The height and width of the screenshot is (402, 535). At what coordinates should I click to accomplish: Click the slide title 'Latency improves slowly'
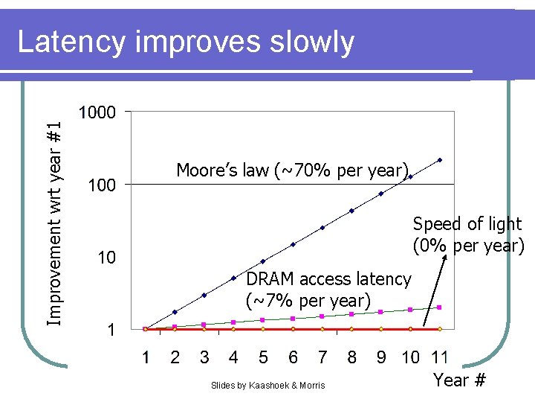point(186,42)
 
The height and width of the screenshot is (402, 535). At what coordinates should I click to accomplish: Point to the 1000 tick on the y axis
point(97,112)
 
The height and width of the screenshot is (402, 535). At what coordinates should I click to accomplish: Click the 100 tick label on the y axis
point(102,185)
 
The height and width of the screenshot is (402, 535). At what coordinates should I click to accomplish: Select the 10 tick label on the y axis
point(106,258)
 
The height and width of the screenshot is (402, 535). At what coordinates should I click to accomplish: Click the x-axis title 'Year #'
point(459,380)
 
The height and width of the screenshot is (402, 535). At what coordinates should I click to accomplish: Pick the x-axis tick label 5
point(263,357)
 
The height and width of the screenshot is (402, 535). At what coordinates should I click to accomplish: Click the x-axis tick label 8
point(351,357)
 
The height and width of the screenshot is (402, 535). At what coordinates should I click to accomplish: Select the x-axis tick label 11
point(439,357)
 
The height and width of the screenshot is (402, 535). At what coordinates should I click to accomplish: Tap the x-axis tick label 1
point(146,357)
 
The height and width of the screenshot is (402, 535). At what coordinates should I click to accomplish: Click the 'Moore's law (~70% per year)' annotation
point(293,170)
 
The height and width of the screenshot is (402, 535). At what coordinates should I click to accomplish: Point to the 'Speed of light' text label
point(467,224)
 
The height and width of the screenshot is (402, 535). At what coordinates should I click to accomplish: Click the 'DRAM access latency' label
point(328,279)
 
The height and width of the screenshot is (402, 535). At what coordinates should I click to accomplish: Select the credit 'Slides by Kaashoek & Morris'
point(267,385)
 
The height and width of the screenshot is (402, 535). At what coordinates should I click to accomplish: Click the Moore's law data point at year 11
point(439,160)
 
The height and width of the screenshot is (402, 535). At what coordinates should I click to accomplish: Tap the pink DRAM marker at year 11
point(439,307)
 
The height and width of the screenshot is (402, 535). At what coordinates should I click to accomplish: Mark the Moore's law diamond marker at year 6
point(293,244)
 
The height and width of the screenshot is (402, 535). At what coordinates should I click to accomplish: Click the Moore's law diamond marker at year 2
point(175,312)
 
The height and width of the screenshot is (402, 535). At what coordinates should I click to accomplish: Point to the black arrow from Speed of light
point(432,290)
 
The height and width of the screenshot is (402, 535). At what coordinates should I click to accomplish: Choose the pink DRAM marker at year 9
point(380,312)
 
